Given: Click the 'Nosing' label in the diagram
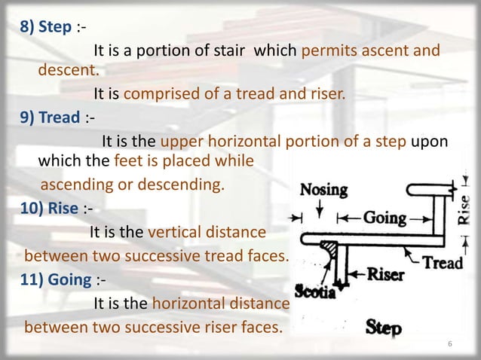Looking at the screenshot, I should (x=324, y=190).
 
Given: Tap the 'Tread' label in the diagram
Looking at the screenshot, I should (x=443, y=263).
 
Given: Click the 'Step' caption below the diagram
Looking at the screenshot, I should (x=384, y=328).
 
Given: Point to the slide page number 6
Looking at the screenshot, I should (x=449, y=345).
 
